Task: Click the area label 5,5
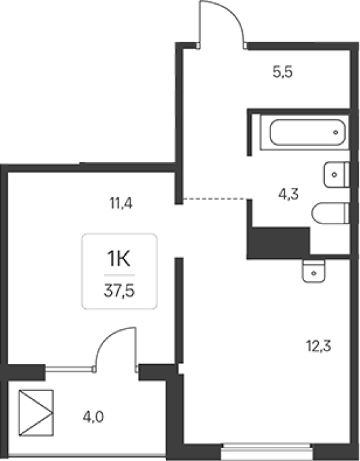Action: click(283, 72)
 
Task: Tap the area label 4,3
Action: click(288, 194)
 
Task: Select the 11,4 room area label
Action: click(120, 203)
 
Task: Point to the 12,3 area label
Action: click(318, 346)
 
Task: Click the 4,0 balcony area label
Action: click(93, 417)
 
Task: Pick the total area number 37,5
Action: click(119, 291)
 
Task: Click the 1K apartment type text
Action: click(118, 259)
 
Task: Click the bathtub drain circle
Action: click(336, 133)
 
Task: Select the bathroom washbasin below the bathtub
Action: click(336, 174)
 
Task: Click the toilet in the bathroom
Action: click(330, 213)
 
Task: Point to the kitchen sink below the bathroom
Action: click(314, 271)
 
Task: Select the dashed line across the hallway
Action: click(215, 199)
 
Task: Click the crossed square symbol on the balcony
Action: click(36, 413)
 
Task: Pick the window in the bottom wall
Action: click(267, 450)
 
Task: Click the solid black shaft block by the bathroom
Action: click(279, 243)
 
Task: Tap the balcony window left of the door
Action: click(69, 369)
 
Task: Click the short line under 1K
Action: click(119, 275)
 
